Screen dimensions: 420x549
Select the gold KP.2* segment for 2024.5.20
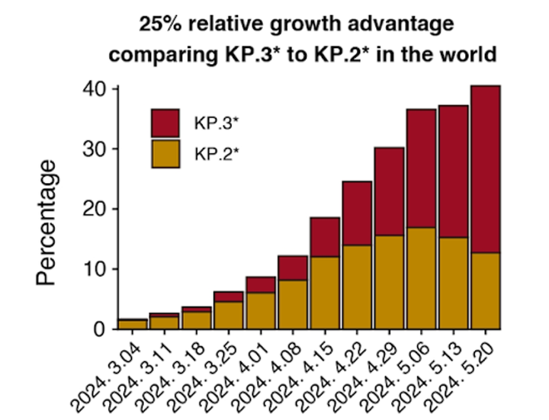485,290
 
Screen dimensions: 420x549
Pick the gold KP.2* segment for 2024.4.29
388,282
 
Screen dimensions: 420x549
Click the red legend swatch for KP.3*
165,123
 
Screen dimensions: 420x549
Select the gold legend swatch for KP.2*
165,153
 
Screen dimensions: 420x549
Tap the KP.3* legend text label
212,123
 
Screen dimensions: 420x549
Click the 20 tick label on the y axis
98,209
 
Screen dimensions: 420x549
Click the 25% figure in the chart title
159,24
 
